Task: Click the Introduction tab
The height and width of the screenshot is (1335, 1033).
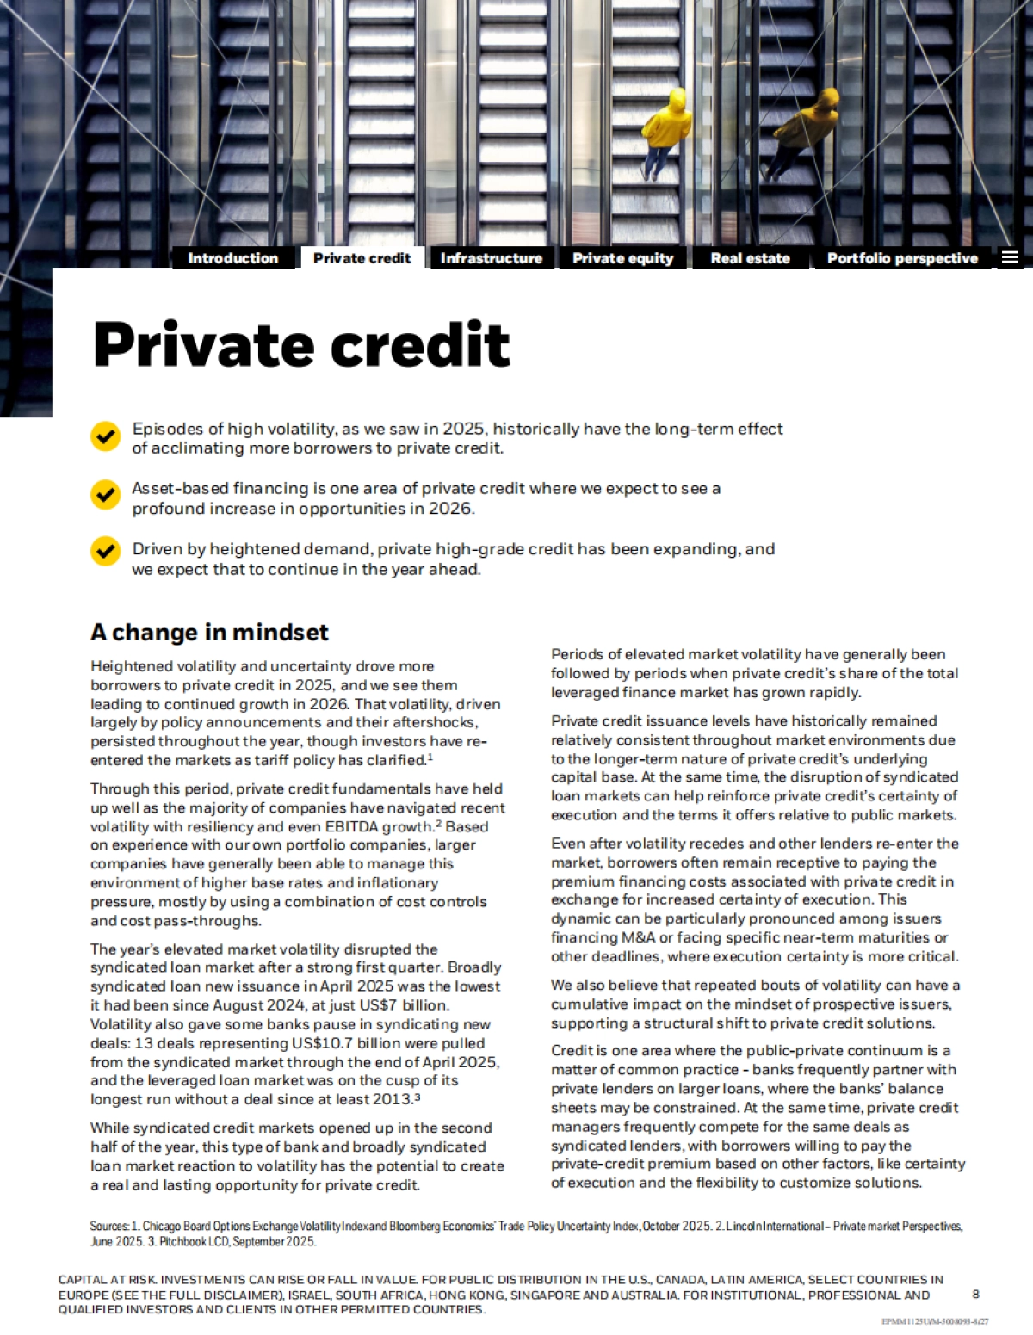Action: click(232, 258)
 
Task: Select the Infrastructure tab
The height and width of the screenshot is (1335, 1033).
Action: click(491, 258)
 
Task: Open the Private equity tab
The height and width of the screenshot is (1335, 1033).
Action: click(622, 258)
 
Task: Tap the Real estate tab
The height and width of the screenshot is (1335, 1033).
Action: click(750, 258)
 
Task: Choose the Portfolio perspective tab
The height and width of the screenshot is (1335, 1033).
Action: click(902, 258)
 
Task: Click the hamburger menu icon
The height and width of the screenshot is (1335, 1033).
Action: click(1010, 257)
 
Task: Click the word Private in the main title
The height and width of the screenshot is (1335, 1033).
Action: click(203, 344)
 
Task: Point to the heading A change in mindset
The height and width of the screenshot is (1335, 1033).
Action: click(209, 633)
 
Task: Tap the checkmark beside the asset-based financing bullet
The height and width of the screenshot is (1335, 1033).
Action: click(105, 495)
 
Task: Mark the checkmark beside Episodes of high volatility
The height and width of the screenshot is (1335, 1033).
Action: click(105, 436)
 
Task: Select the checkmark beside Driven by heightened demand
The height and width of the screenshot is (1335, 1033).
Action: click(105, 550)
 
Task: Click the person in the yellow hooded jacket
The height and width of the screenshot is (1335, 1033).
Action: click(666, 129)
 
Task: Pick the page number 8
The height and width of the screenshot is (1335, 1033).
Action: click(975, 1295)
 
